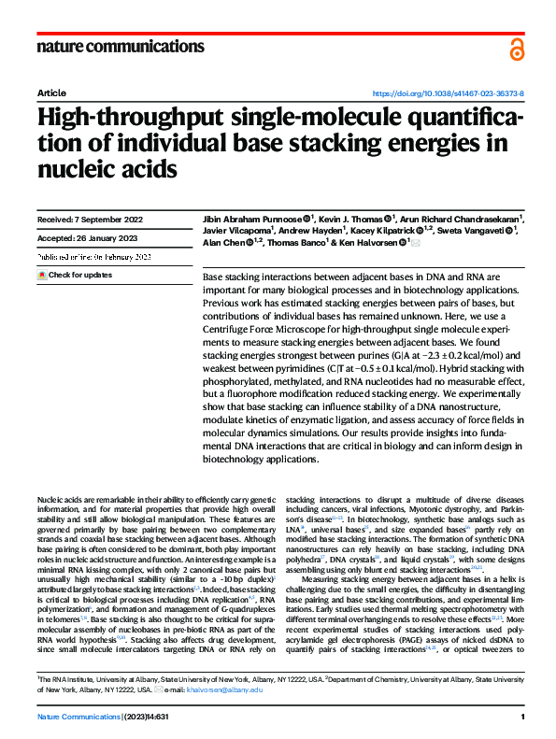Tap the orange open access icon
[517, 49]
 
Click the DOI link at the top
[449, 94]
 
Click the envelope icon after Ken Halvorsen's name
[417, 242]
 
